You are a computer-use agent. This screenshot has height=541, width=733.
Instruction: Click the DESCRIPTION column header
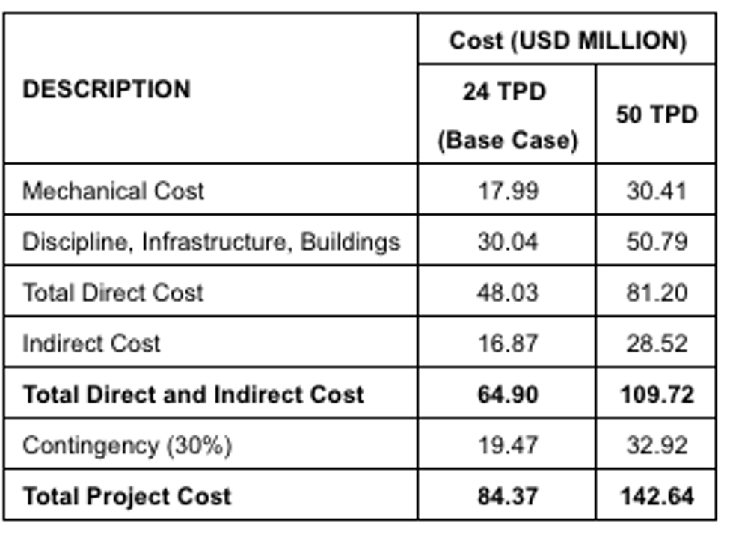pyautogui.click(x=106, y=89)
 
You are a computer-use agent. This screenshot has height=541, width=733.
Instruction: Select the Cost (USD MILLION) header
pyautogui.click(x=567, y=40)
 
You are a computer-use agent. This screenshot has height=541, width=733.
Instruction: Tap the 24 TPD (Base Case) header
pyautogui.click(x=507, y=116)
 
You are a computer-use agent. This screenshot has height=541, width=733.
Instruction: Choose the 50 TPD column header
pyautogui.click(x=656, y=115)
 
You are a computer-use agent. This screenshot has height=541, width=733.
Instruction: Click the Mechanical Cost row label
pyautogui.click(x=113, y=191)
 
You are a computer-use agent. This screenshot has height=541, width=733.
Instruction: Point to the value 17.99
pyautogui.click(x=507, y=191)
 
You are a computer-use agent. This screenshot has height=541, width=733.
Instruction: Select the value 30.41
pyautogui.click(x=656, y=191)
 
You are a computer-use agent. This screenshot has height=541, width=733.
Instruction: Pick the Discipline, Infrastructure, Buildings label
pyautogui.click(x=211, y=242)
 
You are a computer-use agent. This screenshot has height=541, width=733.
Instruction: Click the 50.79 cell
pyautogui.click(x=656, y=242)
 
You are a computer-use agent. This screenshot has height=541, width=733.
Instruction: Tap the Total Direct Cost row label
pyautogui.click(x=113, y=292)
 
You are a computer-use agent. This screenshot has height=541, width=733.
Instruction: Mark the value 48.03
pyautogui.click(x=507, y=292)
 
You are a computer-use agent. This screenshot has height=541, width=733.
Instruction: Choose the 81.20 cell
pyautogui.click(x=656, y=292)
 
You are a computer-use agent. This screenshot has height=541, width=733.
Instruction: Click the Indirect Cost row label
pyautogui.click(x=91, y=343)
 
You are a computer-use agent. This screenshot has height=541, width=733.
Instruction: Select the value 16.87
pyautogui.click(x=507, y=343)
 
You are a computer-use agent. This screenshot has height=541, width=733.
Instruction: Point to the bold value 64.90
pyautogui.click(x=507, y=394)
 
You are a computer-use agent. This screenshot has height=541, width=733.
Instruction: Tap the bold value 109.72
pyautogui.click(x=656, y=394)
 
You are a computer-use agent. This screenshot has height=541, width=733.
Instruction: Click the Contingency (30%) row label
pyautogui.click(x=127, y=445)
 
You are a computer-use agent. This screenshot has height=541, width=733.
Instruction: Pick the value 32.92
pyautogui.click(x=656, y=445)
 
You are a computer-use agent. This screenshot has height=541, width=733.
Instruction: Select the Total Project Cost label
pyautogui.click(x=127, y=496)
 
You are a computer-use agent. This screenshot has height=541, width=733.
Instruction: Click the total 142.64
pyautogui.click(x=656, y=496)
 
